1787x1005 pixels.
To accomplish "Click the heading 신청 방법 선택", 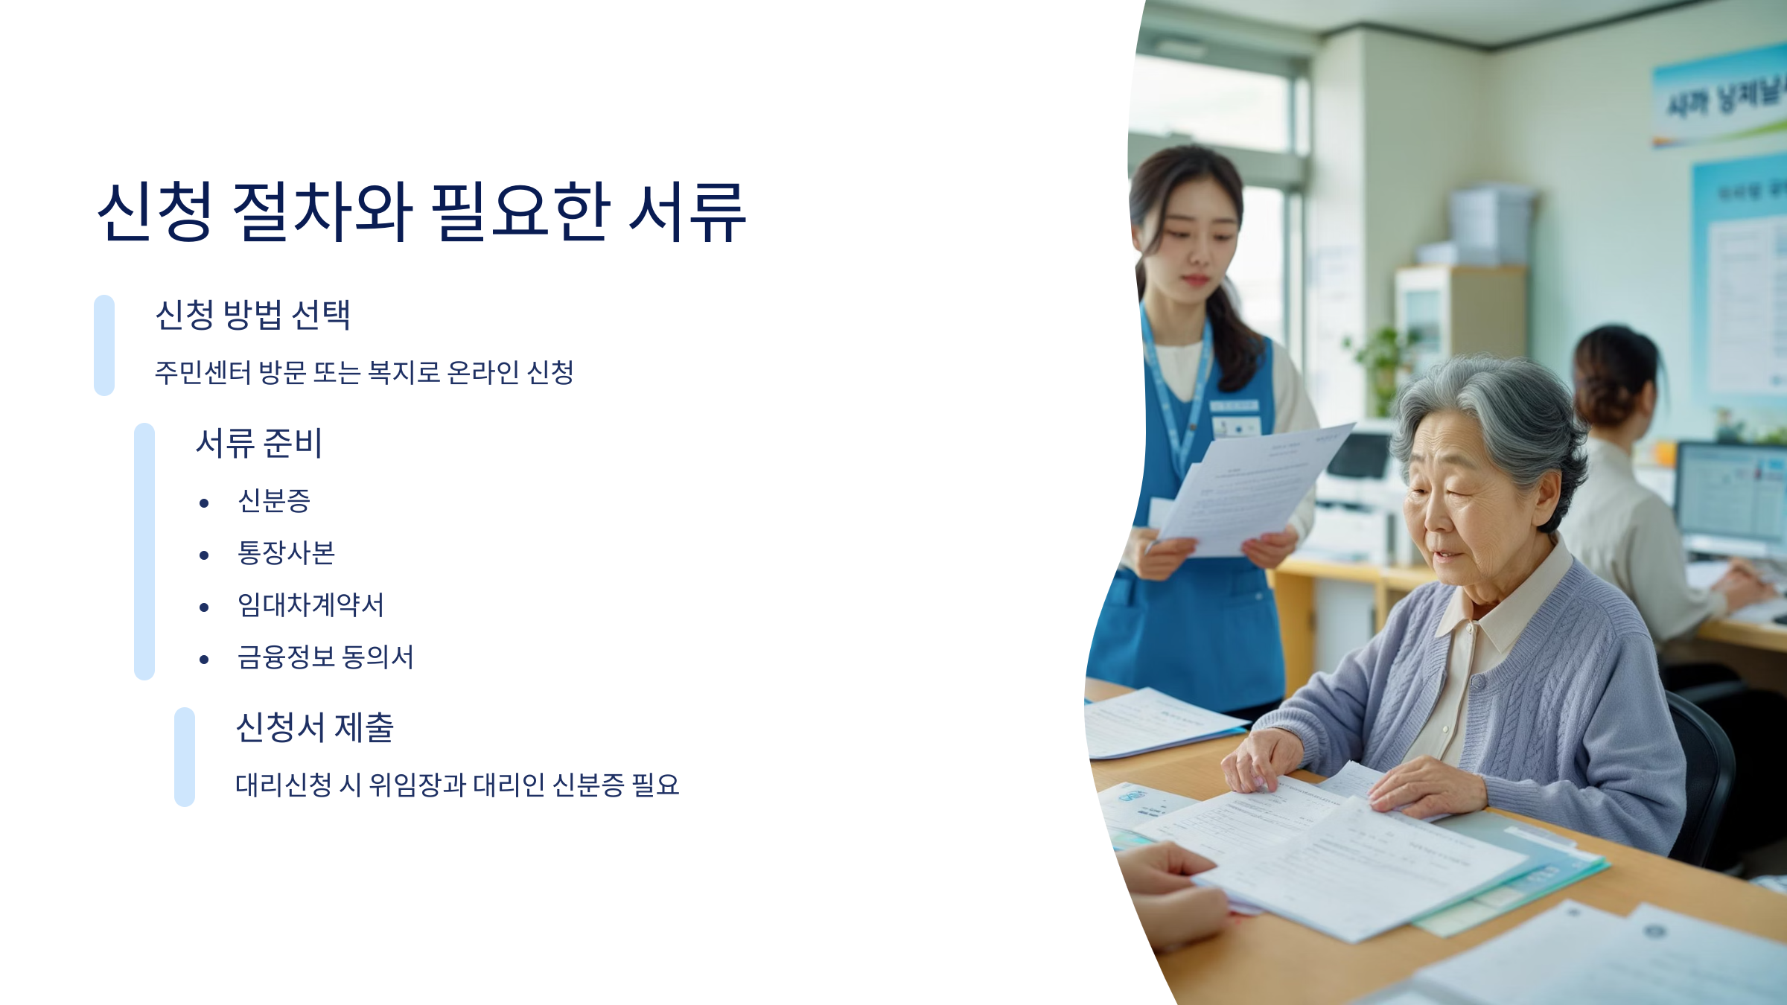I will pyautogui.click(x=252, y=315).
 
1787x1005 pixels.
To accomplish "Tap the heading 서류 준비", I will pyautogui.click(x=258, y=443).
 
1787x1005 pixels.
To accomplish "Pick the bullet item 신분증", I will pyautogui.click(x=273, y=501).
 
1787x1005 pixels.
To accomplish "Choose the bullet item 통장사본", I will pyautogui.click(x=286, y=553).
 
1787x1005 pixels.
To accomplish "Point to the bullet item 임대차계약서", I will pyautogui.click(x=310, y=605).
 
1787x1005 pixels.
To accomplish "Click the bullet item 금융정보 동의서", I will pyautogui.click(x=325, y=657).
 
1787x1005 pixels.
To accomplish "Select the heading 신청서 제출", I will pyautogui.click(x=314, y=727).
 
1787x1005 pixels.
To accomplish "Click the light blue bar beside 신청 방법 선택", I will pyautogui.click(x=104, y=345).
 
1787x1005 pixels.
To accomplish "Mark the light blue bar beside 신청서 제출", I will pyautogui.click(x=185, y=756).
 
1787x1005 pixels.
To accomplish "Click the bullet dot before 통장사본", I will pyautogui.click(x=204, y=555).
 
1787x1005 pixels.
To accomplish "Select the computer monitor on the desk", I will pyautogui.click(x=1731, y=495).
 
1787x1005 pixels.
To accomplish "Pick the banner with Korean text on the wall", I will pyautogui.click(x=1720, y=97).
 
